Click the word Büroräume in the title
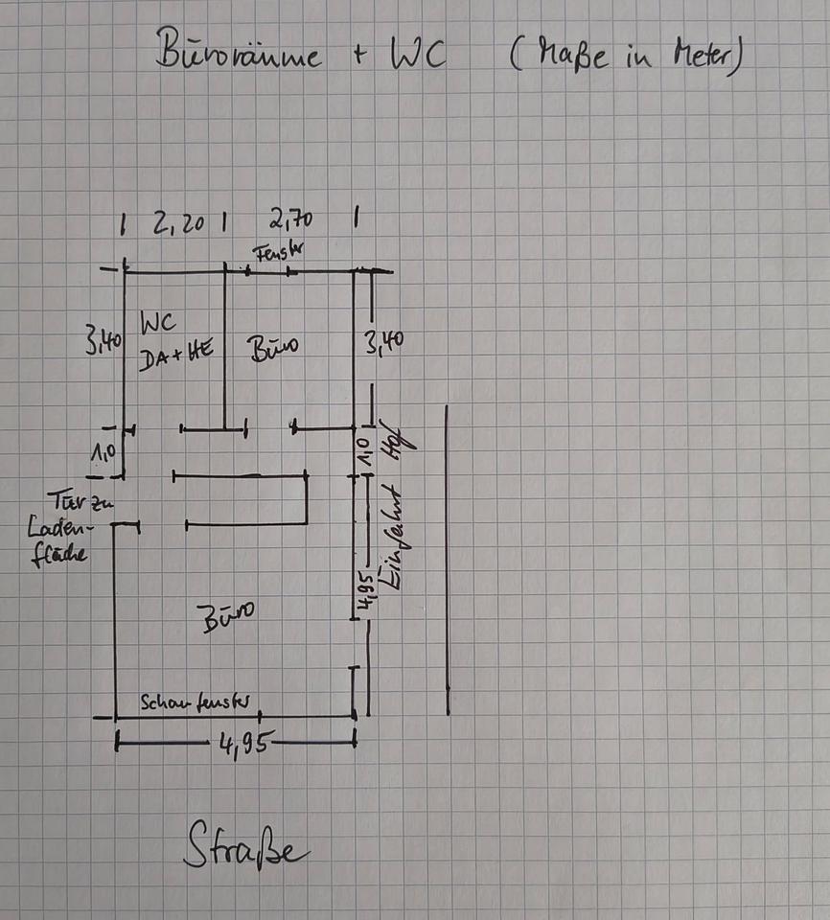(x=239, y=54)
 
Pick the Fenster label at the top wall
(x=279, y=253)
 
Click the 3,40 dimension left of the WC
(x=101, y=339)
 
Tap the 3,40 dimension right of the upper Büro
(x=382, y=339)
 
